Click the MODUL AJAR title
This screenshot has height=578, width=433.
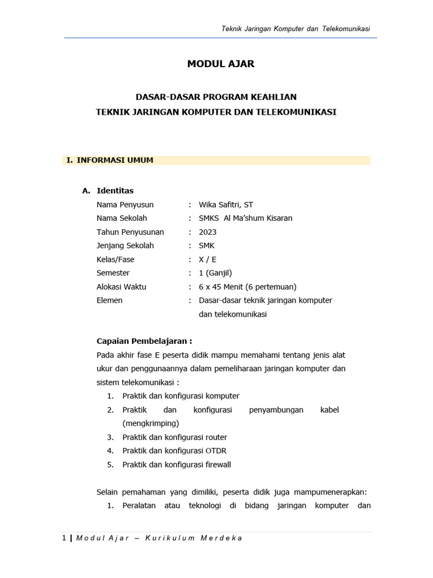pyautogui.click(x=220, y=64)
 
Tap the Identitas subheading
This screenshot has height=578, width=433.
pyautogui.click(x=115, y=191)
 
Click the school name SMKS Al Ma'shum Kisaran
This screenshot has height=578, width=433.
pyautogui.click(x=246, y=218)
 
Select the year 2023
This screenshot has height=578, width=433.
pyautogui.click(x=207, y=232)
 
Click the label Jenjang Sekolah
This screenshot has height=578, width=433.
pyautogui.click(x=125, y=246)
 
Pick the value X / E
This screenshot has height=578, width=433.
pyautogui.click(x=207, y=260)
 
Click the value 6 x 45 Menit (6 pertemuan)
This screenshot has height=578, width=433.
pyautogui.click(x=248, y=287)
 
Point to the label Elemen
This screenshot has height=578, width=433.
pyautogui.click(x=109, y=300)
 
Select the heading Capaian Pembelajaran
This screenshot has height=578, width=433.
pyautogui.click(x=144, y=341)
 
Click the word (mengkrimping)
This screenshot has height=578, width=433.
pyautogui.click(x=151, y=423)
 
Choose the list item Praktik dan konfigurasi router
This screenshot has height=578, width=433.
pyautogui.click(x=175, y=437)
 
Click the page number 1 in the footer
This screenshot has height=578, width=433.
pyautogui.click(x=64, y=538)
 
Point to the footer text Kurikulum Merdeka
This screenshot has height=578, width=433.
pyautogui.click(x=193, y=538)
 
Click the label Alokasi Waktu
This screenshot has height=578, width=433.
pyautogui.click(x=121, y=287)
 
